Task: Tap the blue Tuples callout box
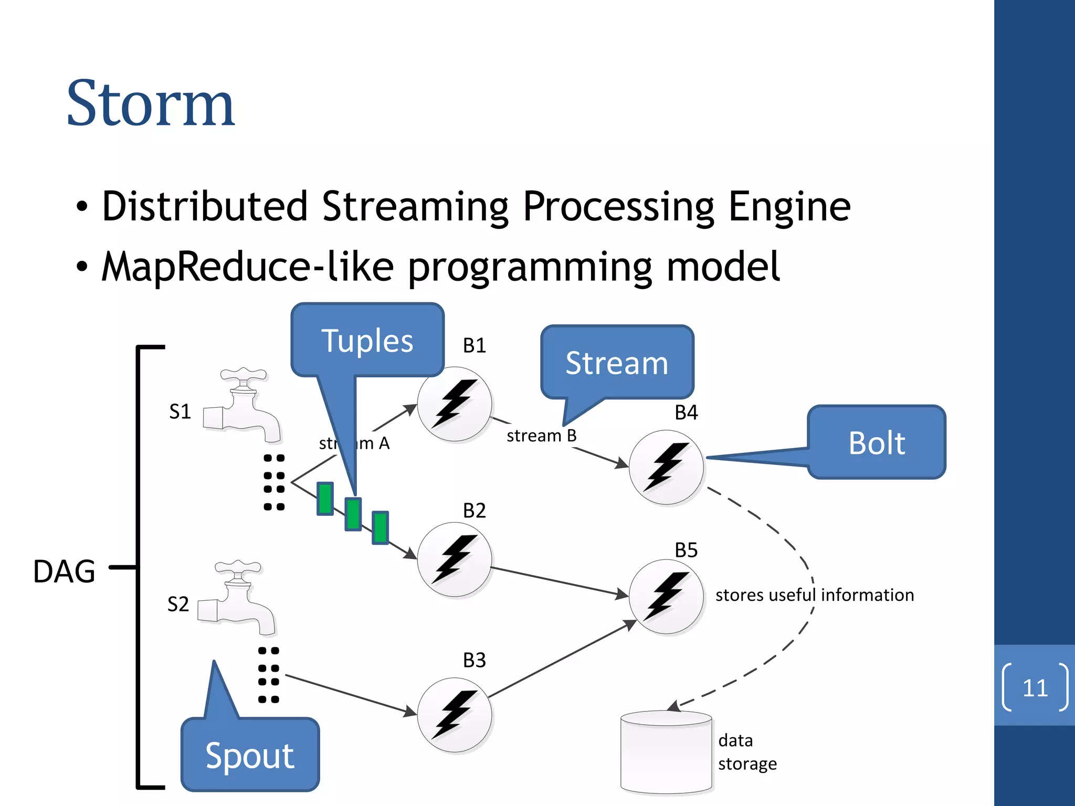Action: click(x=367, y=340)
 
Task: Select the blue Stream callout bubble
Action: click(x=617, y=363)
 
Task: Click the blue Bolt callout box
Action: click(x=877, y=442)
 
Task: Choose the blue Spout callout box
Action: click(x=250, y=755)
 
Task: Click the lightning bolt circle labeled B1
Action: click(x=455, y=404)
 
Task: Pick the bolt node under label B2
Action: click(x=455, y=559)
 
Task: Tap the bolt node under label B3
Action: click(x=455, y=715)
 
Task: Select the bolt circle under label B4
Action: click(x=666, y=467)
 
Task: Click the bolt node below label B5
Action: click(x=666, y=597)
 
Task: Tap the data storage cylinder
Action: click(x=666, y=751)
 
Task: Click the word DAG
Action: click(x=64, y=571)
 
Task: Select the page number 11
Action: click(x=1035, y=687)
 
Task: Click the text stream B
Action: click(x=541, y=436)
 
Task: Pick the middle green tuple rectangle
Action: click(x=353, y=514)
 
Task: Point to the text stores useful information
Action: click(x=814, y=595)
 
